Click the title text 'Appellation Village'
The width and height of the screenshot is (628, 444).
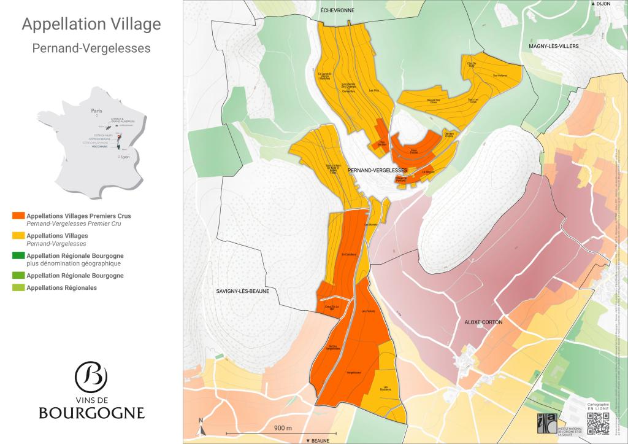91,25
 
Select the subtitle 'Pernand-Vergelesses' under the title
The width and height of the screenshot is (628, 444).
91,48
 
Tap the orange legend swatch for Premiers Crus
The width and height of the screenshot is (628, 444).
18,216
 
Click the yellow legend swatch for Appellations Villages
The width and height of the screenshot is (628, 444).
18,236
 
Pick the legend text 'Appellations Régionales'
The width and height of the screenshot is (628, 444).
62,287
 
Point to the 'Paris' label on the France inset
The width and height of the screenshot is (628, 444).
96,112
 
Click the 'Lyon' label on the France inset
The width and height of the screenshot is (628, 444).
126,157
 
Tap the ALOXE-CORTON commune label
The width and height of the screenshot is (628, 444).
484,322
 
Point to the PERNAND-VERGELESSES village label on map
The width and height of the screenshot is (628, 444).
377,169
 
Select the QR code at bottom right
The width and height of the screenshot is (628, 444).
598,424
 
